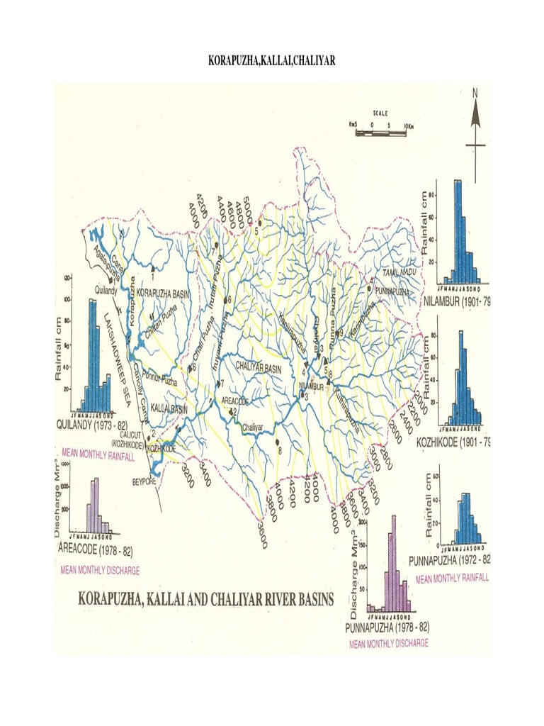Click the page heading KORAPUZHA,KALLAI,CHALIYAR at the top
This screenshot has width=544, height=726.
[x=271, y=62]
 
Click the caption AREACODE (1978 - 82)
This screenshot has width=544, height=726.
[x=94, y=549]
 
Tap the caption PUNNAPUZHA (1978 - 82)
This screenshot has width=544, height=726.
[x=387, y=628]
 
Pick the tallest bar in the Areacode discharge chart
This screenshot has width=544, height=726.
[x=96, y=505]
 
